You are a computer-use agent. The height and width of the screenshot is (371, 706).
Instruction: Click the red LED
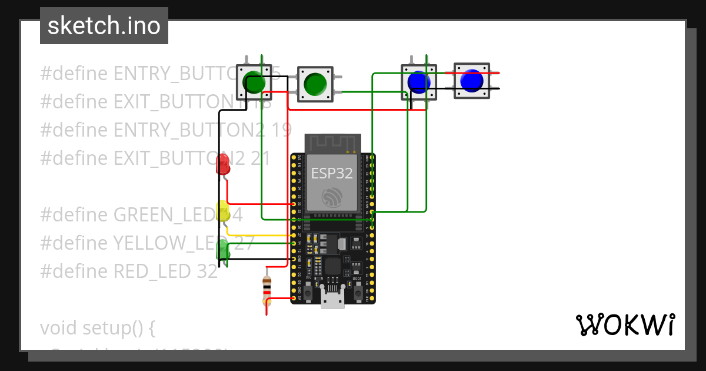click(x=223, y=164)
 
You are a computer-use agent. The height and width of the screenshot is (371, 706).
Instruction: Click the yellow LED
click(x=223, y=211)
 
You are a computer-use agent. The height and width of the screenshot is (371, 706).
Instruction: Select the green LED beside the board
click(x=224, y=250)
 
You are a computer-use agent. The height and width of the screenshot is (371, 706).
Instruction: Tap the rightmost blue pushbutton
click(x=472, y=81)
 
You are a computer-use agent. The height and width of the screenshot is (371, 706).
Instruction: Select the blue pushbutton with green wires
click(x=419, y=81)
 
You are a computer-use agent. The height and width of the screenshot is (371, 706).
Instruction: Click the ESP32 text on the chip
click(x=331, y=173)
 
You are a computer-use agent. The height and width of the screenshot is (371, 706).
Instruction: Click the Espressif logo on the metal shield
click(x=332, y=197)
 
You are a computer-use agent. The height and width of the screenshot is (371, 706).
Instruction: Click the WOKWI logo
click(x=624, y=324)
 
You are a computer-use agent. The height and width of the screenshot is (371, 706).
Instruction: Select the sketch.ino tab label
click(x=104, y=26)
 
